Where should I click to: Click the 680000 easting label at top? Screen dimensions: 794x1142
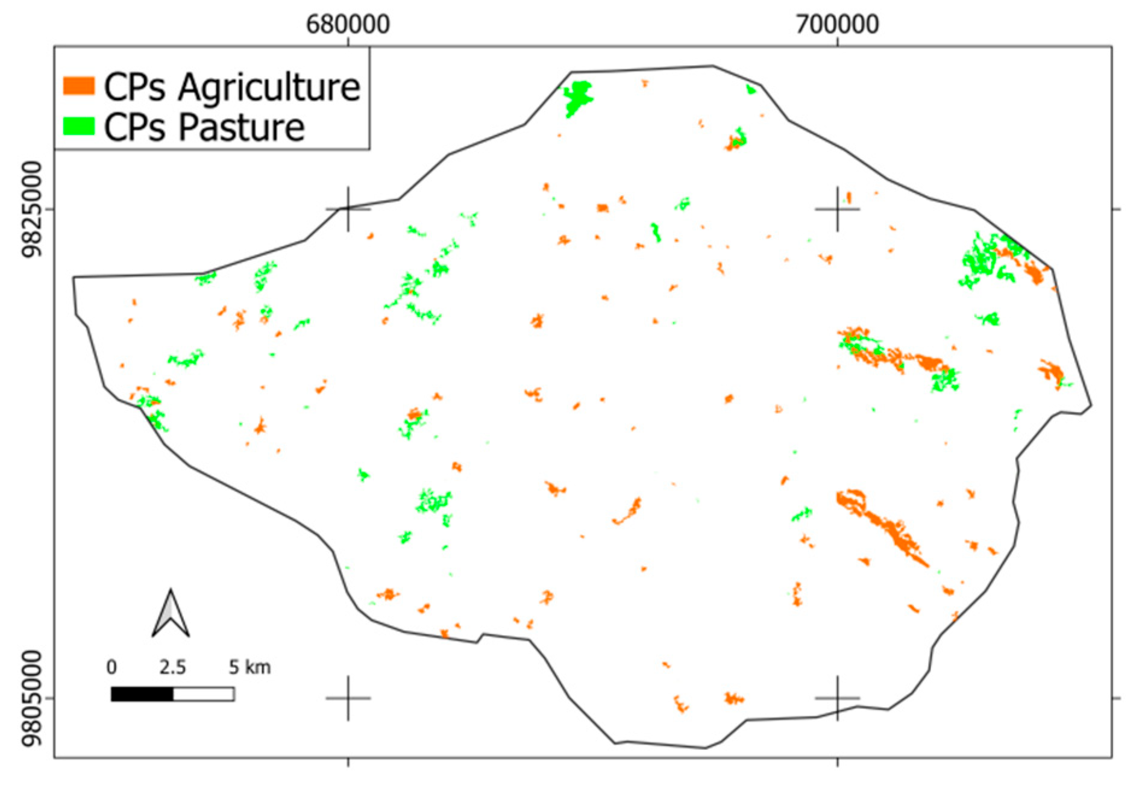(348, 25)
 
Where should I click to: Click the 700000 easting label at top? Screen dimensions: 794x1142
(837, 25)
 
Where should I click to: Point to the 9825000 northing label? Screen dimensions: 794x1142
(32, 209)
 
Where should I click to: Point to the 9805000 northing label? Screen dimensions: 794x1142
(32, 698)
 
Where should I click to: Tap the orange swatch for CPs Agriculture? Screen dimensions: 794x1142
(79, 86)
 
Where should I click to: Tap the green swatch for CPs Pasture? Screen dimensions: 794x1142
(79, 126)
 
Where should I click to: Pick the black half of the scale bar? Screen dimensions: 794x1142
(142, 694)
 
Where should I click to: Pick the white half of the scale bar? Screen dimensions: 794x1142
(204, 694)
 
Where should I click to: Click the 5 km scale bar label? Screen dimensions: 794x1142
(249, 667)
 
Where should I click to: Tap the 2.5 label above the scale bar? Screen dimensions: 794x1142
(172, 667)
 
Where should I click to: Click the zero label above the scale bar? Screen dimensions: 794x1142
(111, 667)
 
